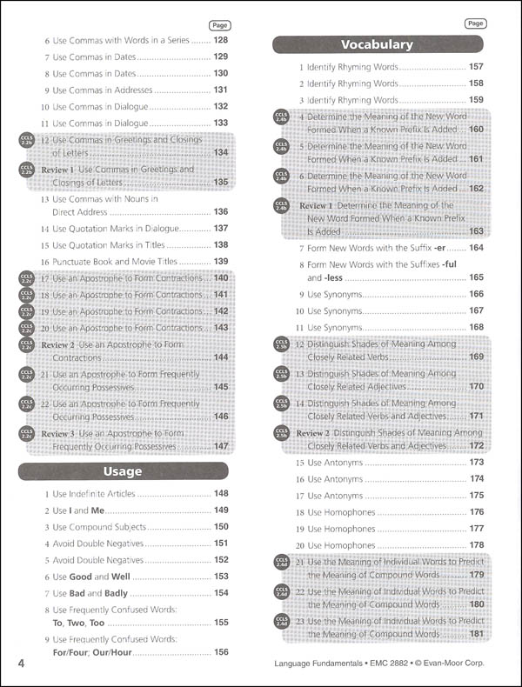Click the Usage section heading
click(123, 471)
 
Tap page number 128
click(220, 40)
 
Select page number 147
click(221, 446)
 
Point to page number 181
click(476, 634)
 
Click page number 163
click(476, 231)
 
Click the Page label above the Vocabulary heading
click(475, 23)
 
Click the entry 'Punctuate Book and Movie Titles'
click(120, 261)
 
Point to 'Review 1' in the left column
click(60, 169)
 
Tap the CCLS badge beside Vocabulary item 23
click(281, 621)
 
